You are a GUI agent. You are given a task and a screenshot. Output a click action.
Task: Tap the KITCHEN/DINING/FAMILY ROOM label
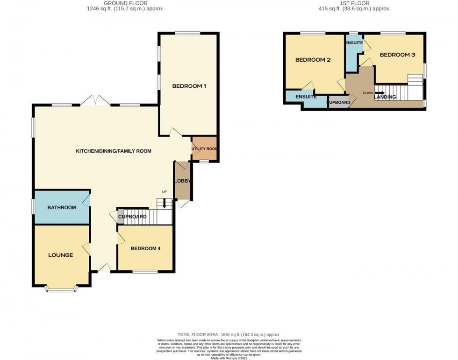coord(114,151)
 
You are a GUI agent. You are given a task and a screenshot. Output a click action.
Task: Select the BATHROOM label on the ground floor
coord(61,207)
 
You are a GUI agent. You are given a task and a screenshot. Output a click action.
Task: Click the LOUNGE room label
coord(60,255)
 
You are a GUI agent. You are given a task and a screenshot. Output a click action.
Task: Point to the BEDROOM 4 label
coord(145,248)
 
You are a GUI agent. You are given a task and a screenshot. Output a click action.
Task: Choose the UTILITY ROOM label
coord(204,148)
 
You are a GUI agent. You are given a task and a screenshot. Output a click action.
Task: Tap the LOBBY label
coord(181,181)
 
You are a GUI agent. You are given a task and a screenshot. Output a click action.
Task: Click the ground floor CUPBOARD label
coord(133,217)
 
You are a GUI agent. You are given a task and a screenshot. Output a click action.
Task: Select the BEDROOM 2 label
coord(313,60)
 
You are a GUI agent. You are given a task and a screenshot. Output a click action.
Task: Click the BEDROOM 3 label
coord(397,55)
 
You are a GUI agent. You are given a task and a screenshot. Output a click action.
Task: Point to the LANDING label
coord(385,97)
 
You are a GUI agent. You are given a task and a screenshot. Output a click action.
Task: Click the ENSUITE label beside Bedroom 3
coord(354,43)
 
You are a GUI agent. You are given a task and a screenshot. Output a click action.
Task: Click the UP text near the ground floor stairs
coord(164,192)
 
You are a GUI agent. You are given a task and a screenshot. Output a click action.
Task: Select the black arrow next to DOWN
coord(379,92)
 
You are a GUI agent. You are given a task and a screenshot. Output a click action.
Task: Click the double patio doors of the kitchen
coord(94,101)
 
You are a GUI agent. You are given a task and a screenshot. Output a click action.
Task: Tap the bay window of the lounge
coord(61,289)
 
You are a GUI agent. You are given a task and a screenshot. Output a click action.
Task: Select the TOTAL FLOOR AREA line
coord(229,334)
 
